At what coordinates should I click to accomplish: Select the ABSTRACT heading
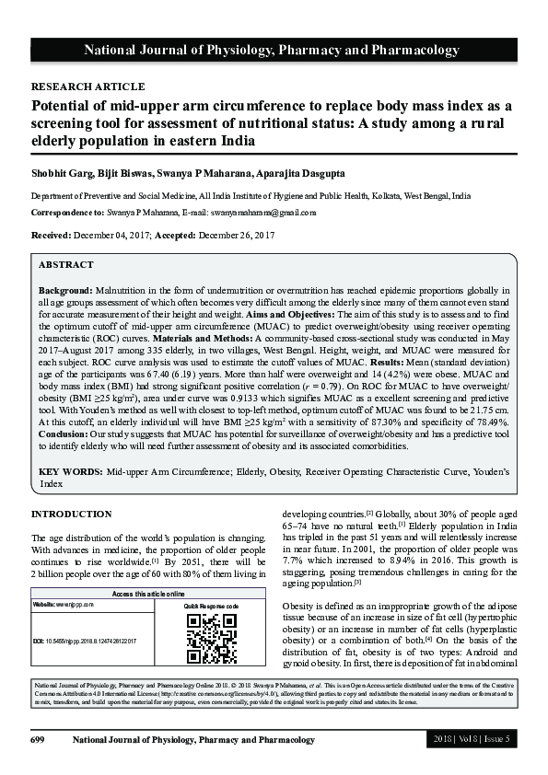66,265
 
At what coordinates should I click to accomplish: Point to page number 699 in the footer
38,740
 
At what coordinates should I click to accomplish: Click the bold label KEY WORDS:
70,471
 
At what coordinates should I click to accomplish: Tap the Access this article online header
149,595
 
